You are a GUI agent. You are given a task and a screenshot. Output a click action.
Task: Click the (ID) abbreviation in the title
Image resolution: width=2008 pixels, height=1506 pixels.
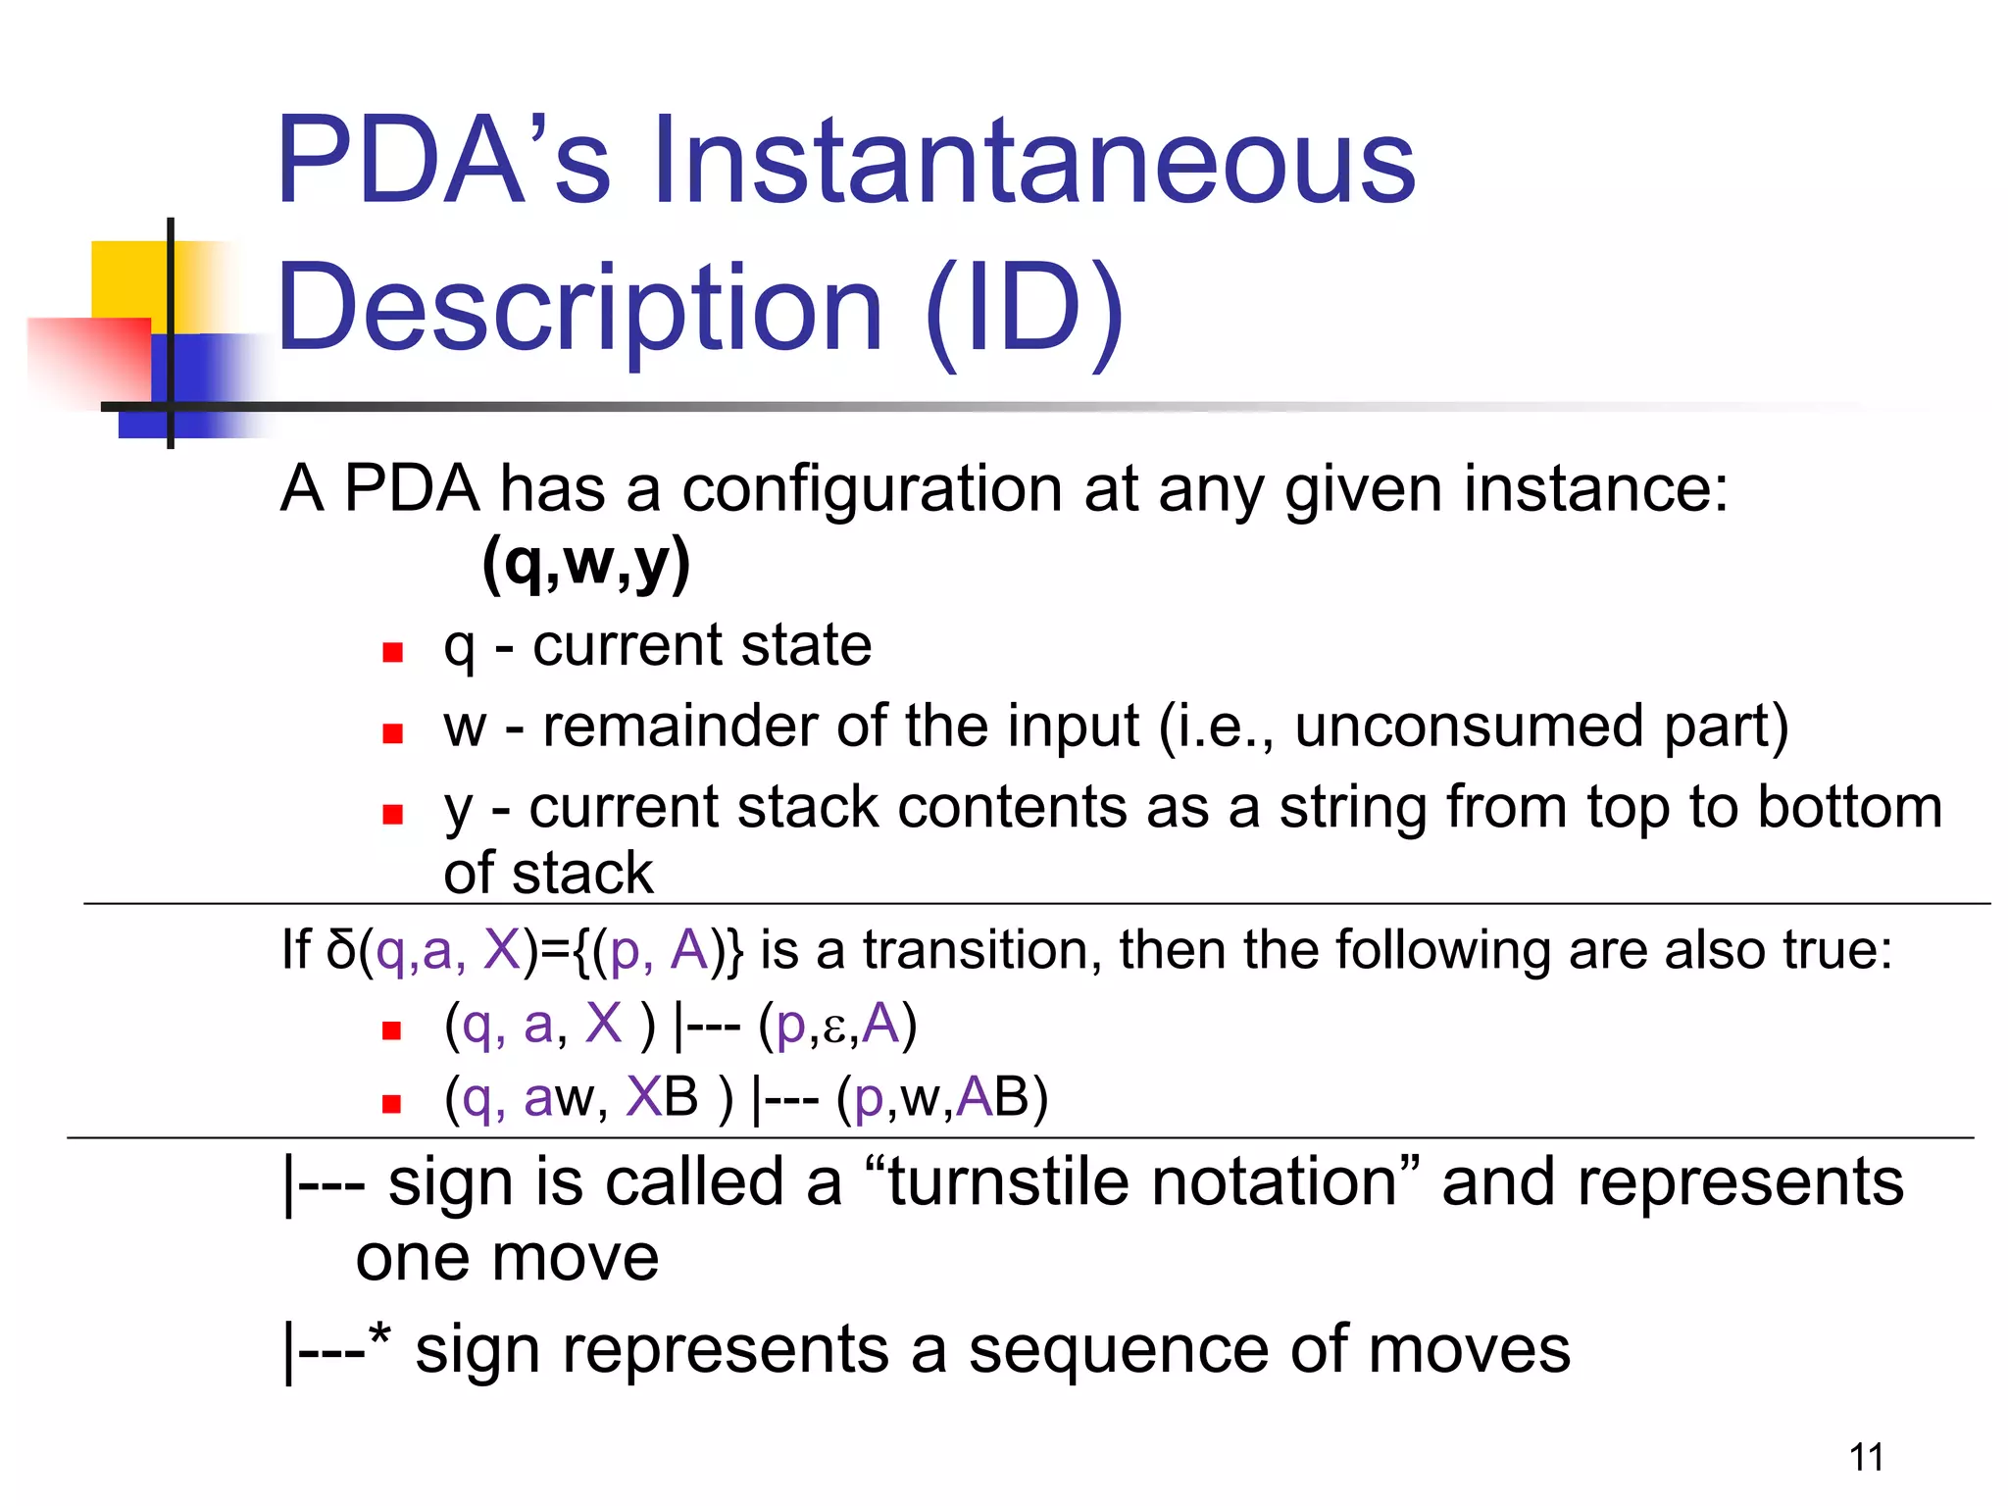coord(1024,309)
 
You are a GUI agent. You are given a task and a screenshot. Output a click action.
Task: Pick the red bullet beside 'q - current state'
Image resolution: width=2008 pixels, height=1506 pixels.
coord(393,652)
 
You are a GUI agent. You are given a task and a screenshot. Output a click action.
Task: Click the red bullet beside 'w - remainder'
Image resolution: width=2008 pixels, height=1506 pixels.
coord(393,733)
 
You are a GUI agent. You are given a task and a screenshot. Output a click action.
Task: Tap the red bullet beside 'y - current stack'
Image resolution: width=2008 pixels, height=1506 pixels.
coord(393,814)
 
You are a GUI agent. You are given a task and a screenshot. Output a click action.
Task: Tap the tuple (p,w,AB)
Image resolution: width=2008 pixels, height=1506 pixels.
coord(941,1097)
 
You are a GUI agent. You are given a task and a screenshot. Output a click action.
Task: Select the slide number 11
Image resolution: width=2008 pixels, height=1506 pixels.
coord(1866,1457)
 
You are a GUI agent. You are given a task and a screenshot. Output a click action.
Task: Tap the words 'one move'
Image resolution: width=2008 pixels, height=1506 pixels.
coord(507,1258)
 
